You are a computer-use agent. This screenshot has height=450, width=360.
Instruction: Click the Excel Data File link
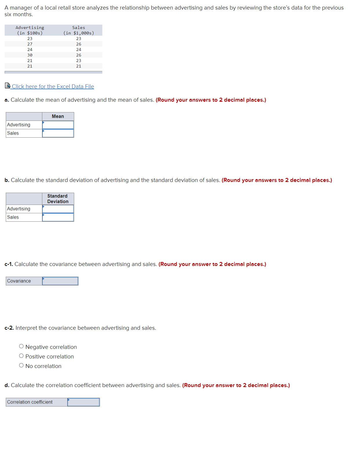pyautogui.click(x=53, y=86)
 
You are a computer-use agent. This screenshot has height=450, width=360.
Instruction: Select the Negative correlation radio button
pyautogui.click(x=21, y=346)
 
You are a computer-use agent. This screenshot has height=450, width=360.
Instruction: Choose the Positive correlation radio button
pyautogui.click(x=21, y=356)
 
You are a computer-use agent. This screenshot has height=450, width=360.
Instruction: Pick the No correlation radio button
pyautogui.click(x=21, y=365)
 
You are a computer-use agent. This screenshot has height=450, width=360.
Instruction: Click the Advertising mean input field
pyautogui.click(x=58, y=125)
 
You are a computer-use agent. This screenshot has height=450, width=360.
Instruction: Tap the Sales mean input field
pyautogui.click(x=58, y=133)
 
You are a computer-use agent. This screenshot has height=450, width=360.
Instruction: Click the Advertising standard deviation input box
pyautogui.click(x=58, y=209)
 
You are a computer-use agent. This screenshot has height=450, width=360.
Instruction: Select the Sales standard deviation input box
pyautogui.click(x=58, y=217)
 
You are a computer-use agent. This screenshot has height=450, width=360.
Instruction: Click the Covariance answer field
pyautogui.click(x=60, y=281)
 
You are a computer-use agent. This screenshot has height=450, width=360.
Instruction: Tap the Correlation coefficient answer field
pyautogui.click(x=83, y=402)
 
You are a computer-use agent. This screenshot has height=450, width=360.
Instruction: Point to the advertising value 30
pyautogui.click(x=30, y=55)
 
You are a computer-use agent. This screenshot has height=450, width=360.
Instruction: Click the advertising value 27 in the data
pyautogui.click(x=30, y=44)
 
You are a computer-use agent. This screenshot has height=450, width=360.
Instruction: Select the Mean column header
pyautogui.click(x=58, y=116)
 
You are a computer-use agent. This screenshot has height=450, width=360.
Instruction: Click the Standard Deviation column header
pyautogui.click(x=58, y=199)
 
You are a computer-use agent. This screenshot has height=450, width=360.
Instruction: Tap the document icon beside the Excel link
pyautogui.click(x=8, y=85)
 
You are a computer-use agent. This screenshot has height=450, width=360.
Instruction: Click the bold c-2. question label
pyautogui.click(x=9, y=328)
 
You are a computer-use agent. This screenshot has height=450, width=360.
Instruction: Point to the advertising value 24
pyautogui.click(x=30, y=50)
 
